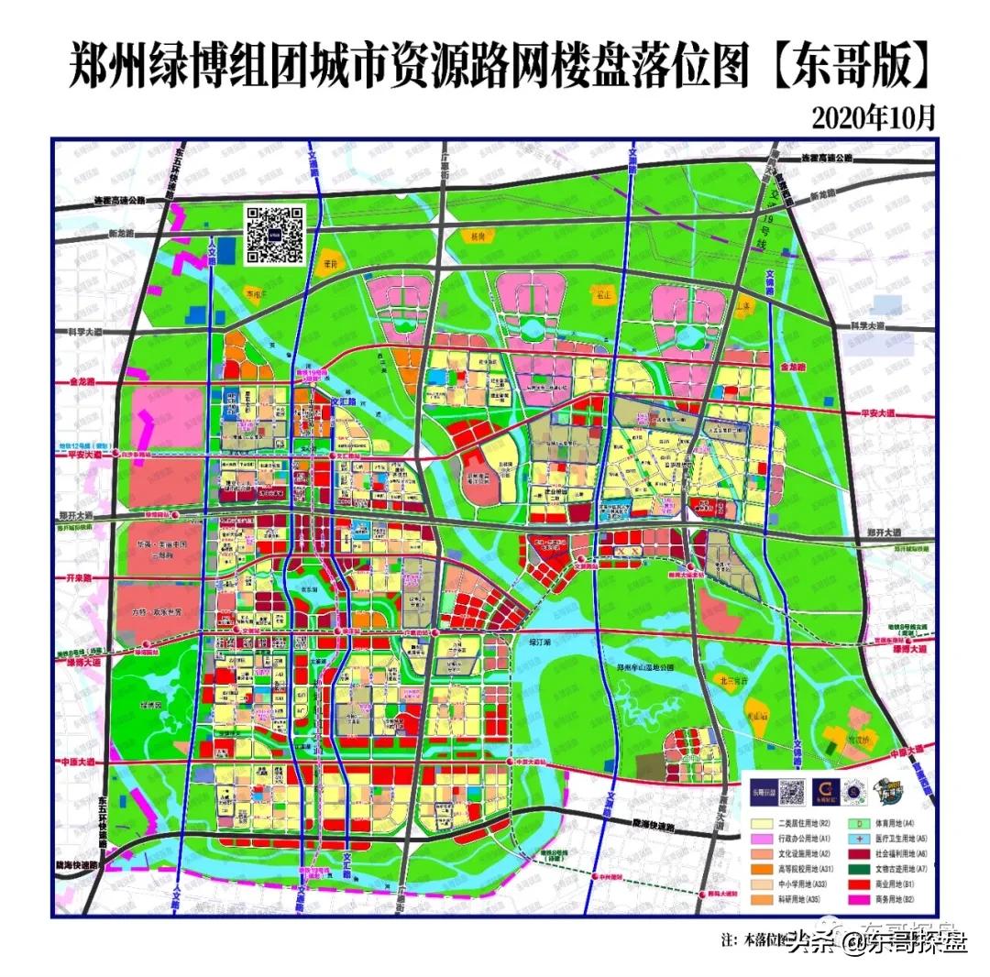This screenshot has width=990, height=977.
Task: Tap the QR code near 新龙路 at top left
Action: (x=273, y=235)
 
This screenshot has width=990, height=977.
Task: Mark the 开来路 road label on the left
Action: (x=82, y=579)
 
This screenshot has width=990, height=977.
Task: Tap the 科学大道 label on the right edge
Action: (x=870, y=325)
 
